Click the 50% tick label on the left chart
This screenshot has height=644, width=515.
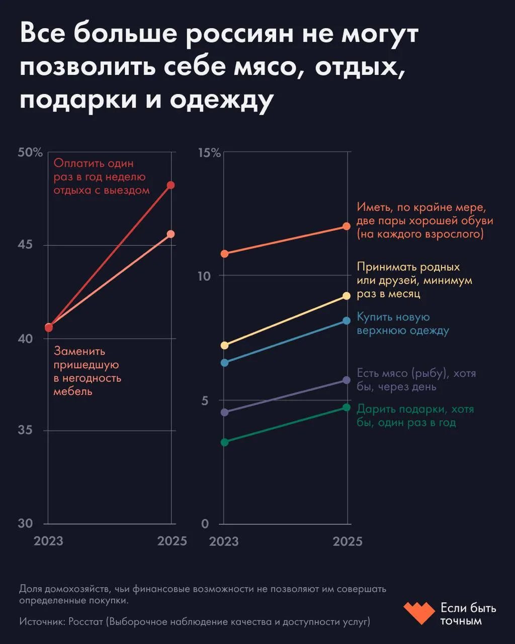point(30,153)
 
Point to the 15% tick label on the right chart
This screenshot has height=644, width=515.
point(209,153)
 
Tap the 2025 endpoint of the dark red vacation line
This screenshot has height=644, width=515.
point(171,185)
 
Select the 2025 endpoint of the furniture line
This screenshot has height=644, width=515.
point(171,234)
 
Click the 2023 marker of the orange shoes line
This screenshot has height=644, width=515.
point(225,254)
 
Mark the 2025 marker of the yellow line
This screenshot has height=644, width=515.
point(347,296)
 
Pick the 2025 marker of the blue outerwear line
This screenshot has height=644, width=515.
point(347,320)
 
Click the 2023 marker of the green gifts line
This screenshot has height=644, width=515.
point(225,442)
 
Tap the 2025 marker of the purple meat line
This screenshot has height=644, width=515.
point(347,380)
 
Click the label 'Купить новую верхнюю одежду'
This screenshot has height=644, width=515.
point(402,324)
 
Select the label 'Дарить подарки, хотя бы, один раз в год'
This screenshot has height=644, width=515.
point(415,416)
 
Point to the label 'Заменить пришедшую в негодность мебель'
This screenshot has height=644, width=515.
point(87,371)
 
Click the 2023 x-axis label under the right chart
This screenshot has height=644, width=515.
point(224,541)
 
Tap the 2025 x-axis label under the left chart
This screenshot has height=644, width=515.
point(172,541)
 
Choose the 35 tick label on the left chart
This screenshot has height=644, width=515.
point(25,430)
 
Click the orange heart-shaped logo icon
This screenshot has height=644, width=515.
point(418,613)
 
